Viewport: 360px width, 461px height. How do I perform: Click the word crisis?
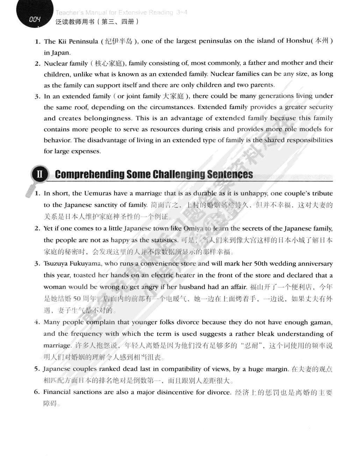point(213,129)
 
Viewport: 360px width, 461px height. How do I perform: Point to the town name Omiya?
point(193,228)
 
